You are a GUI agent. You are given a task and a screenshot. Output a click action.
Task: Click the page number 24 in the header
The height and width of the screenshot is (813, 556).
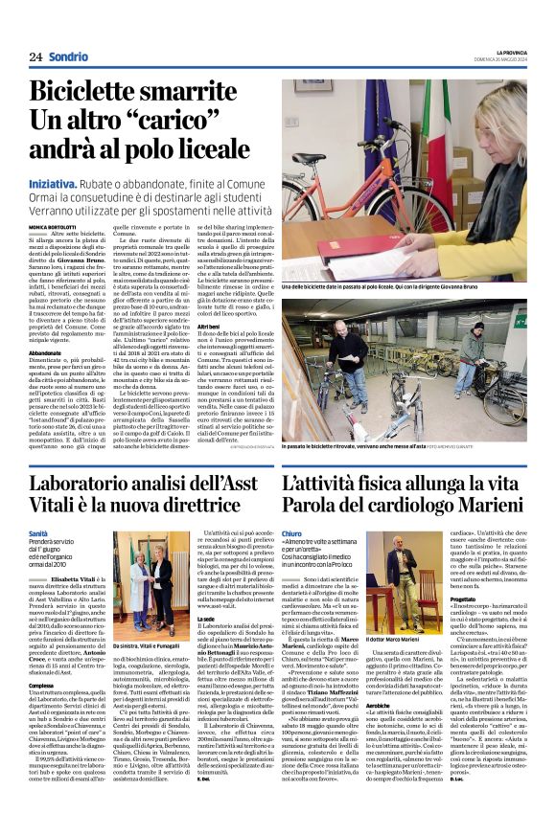[35, 56]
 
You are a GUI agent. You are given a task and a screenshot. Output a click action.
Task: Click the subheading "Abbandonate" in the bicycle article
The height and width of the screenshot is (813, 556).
[46, 352]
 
